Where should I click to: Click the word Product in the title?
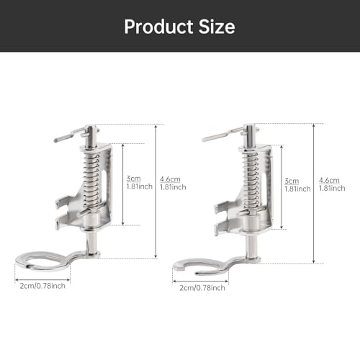point(158,27)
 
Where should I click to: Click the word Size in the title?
point(217,27)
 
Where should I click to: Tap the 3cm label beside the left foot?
point(133,179)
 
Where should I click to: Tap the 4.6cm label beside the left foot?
point(170,179)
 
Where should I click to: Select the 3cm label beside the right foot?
point(292,181)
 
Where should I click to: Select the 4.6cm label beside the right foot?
point(329,180)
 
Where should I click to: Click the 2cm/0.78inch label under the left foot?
point(42,286)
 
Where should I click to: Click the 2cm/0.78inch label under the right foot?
point(202,288)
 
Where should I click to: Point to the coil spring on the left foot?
point(91,180)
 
